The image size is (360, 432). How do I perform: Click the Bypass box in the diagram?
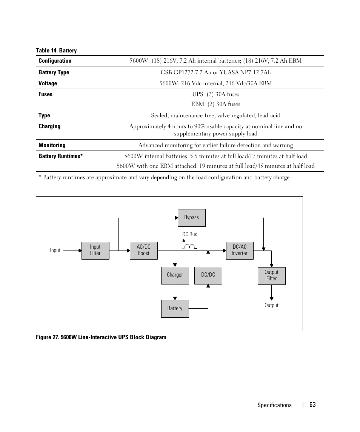(x=191, y=218)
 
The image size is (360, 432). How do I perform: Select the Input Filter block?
(x=95, y=251)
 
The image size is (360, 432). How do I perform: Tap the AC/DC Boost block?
(x=143, y=251)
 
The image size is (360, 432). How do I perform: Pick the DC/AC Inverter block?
(x=239, y=251)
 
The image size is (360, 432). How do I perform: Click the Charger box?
(x=175, y=275)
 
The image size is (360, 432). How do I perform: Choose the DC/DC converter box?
(x=208, y=275)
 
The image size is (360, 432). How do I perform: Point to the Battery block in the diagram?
(x=175, y=309)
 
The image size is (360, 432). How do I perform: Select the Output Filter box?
(x=271, y=276)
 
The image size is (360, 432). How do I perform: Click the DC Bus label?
(x=190, y=234)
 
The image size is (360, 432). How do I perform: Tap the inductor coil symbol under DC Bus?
(x=190, y=246)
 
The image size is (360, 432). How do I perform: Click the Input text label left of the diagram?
(x=55, y=250)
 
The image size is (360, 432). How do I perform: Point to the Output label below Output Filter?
(x=271, y=305)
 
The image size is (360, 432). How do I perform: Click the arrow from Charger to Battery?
(x=175, y=292)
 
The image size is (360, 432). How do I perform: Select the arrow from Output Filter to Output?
(x=271, y=292)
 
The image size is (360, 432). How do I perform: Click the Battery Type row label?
(x=54, y=72)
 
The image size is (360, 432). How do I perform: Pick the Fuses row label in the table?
(x=45, y=94)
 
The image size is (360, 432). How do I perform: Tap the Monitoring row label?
(x=52, y=145)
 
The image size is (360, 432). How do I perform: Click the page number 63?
(x=312, y=404)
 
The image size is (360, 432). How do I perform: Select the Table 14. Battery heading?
(x=56, y=51)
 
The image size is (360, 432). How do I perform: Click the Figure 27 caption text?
(x=101, y=337)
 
